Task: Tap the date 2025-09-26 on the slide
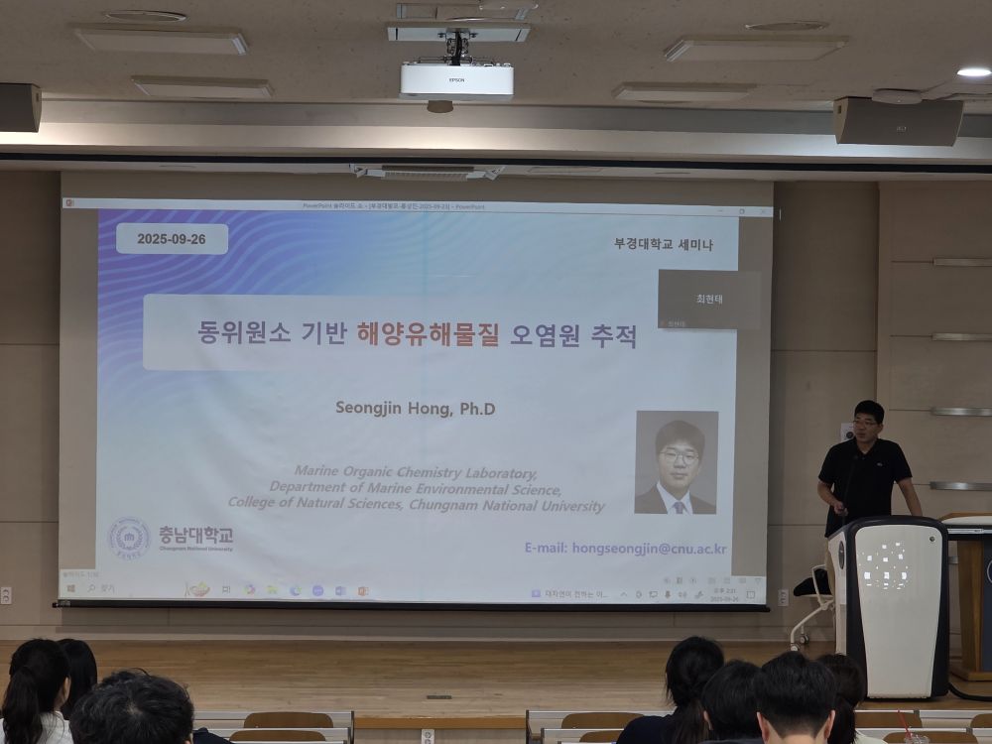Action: point(172,239)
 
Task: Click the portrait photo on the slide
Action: point(677,462)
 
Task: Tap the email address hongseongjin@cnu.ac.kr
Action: point(626,548)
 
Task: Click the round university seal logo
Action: point(129,538)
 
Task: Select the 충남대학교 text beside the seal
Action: point(195,535)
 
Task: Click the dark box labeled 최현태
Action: point(708,299)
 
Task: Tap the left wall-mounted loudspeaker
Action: point(20,107)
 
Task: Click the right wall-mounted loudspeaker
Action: point(898,121)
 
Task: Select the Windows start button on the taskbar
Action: point(71,588)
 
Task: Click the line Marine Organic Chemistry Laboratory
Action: point(416,472)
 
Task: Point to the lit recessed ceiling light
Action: point(973,72)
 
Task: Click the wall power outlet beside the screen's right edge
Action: point(783,596)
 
